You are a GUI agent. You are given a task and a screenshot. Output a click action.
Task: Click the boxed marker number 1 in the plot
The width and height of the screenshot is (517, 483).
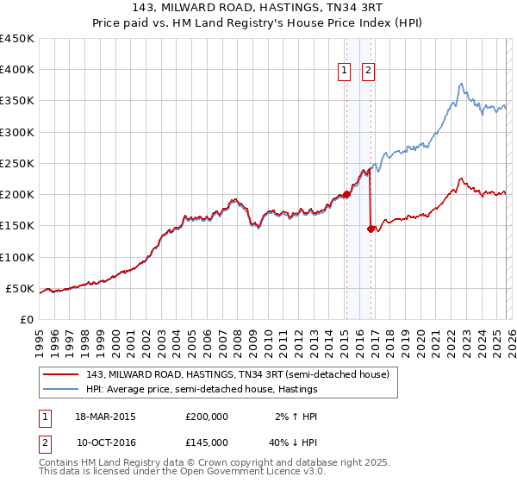345,71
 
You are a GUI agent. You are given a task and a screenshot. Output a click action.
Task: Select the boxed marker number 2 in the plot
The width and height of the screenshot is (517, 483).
368,71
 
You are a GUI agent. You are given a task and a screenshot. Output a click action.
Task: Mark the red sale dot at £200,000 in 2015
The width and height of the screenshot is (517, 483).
346,194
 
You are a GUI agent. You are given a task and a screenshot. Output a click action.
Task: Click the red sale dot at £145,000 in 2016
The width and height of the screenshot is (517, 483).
370,229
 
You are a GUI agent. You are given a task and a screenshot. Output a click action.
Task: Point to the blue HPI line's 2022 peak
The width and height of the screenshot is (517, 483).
462,84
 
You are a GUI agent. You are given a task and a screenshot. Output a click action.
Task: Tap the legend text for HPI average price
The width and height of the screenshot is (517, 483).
202,389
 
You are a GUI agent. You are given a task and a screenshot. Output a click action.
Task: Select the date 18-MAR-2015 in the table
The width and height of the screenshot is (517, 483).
105,417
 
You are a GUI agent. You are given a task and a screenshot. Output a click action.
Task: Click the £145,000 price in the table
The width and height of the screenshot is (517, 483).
206,442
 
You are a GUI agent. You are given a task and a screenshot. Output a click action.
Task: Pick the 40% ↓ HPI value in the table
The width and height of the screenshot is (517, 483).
290,442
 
